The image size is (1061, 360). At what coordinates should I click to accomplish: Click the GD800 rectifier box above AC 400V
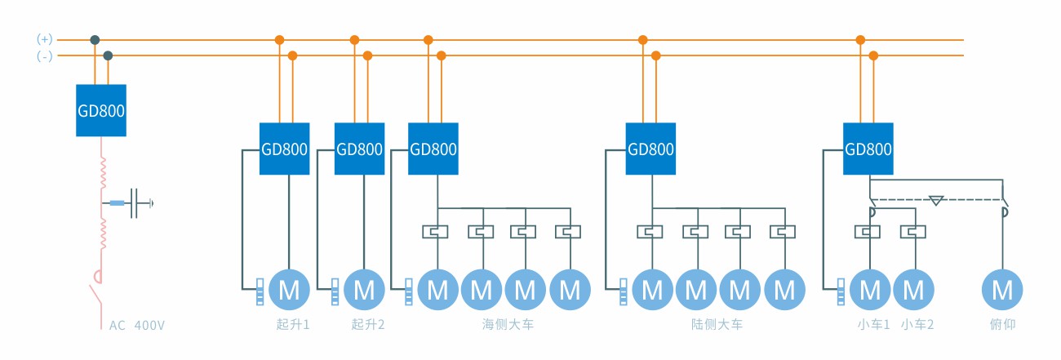point(102,110)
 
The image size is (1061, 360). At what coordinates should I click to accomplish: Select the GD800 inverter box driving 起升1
point(285,149)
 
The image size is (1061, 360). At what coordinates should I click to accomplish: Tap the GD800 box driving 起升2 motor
point(360,149)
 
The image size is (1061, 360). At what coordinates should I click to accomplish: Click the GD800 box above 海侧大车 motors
point(433,149)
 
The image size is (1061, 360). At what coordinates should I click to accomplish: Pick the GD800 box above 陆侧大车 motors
point(651,149)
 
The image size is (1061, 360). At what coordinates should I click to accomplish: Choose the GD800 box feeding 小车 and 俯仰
point(868,149)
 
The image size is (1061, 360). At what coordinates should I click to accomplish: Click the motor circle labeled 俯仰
point(1001,290)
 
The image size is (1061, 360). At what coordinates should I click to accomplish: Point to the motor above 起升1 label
point(289,290)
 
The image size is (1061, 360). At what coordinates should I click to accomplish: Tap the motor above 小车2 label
point(914,290)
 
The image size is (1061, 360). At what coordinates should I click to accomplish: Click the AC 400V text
point(137,326)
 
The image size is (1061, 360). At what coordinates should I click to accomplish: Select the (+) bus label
point(45,39)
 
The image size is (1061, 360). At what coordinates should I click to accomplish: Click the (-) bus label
point(45,56)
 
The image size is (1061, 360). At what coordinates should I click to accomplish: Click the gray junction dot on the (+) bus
point(95,39)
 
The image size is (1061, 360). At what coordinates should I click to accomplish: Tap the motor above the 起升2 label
point(364,290)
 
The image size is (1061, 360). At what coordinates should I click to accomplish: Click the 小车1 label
point(871,325)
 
